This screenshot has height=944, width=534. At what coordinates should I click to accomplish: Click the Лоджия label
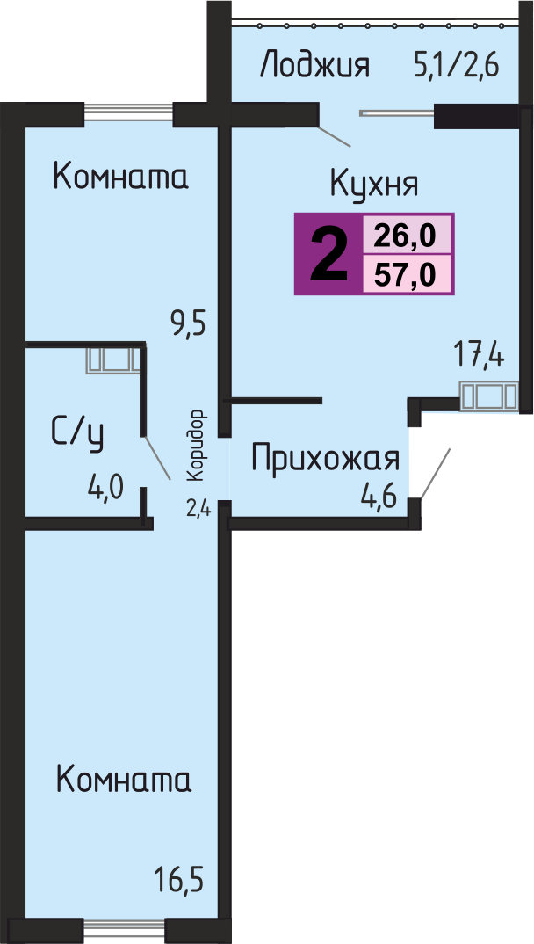coord(314,66)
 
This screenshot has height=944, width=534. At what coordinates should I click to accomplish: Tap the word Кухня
coord(374,183)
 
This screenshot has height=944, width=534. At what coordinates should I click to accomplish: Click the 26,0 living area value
coord(405,235)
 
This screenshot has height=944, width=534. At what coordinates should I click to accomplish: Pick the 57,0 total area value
coord(405,275)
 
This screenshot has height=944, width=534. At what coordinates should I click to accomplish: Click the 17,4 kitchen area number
coord(479,355)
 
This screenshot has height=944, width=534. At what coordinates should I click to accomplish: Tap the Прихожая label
coord(325,459)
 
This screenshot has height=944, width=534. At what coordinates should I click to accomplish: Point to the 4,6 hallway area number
coord(379,498)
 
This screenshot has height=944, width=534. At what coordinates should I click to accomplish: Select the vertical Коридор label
coord(196,446)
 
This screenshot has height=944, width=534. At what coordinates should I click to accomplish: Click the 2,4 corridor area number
coord(198,510)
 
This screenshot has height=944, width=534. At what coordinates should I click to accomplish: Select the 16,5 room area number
coord(179,880)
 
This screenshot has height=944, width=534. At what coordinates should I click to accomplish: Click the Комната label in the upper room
coord(121,177)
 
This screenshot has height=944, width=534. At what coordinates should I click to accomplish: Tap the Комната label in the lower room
coord(123,780)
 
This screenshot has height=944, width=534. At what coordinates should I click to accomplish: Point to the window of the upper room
coord(129,114)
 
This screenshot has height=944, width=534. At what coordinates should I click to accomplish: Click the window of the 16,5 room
coord(123,932)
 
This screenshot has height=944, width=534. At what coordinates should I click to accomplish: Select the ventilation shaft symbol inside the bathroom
coord(112,360)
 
